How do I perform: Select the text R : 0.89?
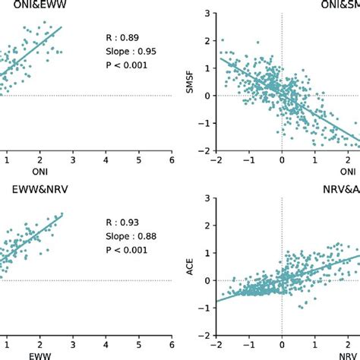122,37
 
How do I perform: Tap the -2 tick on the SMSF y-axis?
203,151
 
